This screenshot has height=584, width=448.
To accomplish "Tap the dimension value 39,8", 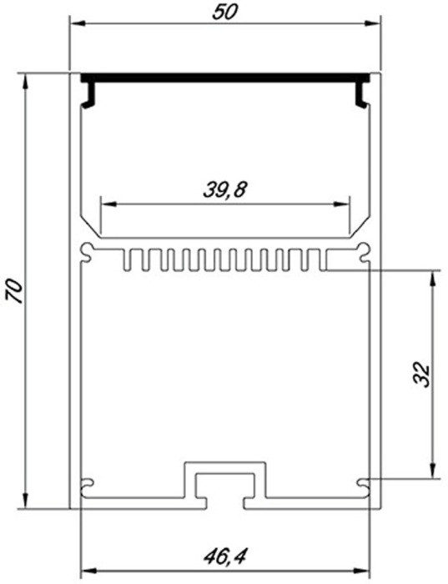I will click(x=224, y=189).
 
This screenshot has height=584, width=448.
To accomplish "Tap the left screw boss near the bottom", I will click(x=88, y=482).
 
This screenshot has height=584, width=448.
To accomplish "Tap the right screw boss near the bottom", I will click(x=361, y=482).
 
